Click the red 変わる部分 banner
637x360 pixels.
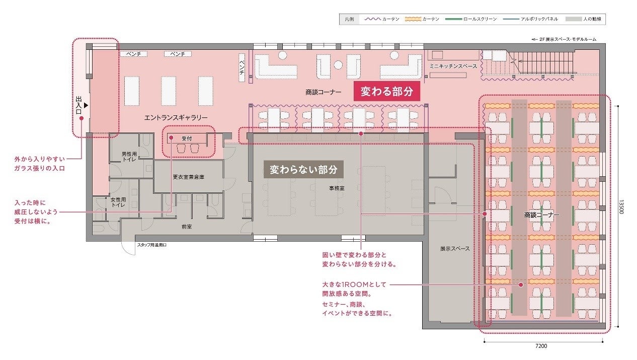(387, 91)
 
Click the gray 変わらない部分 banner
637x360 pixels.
(303, 170)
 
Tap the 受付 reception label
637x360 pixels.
(187, 138)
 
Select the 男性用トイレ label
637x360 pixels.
(129, 157)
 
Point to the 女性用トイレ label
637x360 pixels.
(118, 202)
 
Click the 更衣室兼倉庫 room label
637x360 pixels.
(189, 177)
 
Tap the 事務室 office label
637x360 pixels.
(337, 188)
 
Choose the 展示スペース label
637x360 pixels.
(455, 248)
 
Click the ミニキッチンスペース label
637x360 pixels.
(453, 66)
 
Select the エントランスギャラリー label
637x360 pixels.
(176, 117)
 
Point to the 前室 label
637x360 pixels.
(187, 227)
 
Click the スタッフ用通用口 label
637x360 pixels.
(152, 245)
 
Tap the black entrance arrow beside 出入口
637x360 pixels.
(86, 105)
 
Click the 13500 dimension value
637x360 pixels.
(621, 206)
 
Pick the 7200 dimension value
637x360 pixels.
(541, 346)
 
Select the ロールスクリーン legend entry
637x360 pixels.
(471, 19)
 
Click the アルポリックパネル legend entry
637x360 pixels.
(531, 19)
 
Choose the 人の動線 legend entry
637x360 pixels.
(583, 19)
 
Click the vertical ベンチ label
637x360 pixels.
(242, 67)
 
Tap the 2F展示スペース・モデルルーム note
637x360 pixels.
(564, 39)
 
